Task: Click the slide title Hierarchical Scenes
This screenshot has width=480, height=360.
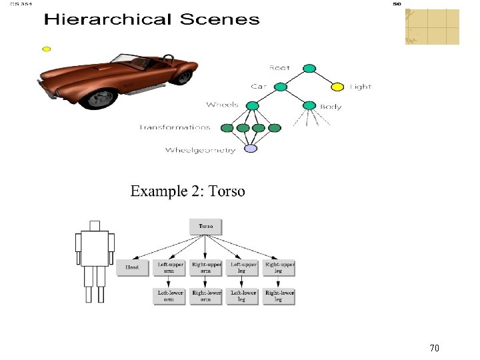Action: (151, 19)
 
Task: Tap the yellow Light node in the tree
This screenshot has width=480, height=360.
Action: (337, 87)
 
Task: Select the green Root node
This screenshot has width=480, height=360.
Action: (309, 68)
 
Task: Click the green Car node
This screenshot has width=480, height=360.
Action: (281, 87)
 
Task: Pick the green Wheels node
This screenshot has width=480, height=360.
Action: (252, 106)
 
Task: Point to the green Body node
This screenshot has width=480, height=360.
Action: (309, 106)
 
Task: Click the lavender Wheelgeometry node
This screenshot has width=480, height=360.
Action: (251, 149)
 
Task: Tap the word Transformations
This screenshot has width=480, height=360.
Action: (175, 127)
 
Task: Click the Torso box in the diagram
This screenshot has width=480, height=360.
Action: (206, 227)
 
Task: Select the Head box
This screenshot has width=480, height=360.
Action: (133, 268)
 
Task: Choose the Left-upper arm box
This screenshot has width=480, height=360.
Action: (170, 268)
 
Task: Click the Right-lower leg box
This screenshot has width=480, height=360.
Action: (279, 296)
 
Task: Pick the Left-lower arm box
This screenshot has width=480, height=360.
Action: (170, 296)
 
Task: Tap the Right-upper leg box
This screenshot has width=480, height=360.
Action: (279, 268)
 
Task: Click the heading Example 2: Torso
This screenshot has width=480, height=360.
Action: (187, 192)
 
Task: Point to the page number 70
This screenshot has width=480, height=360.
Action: (434, 347)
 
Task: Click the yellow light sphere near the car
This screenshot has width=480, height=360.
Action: (47, 49)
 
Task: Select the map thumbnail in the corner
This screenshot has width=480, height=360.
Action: (432, 27)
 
